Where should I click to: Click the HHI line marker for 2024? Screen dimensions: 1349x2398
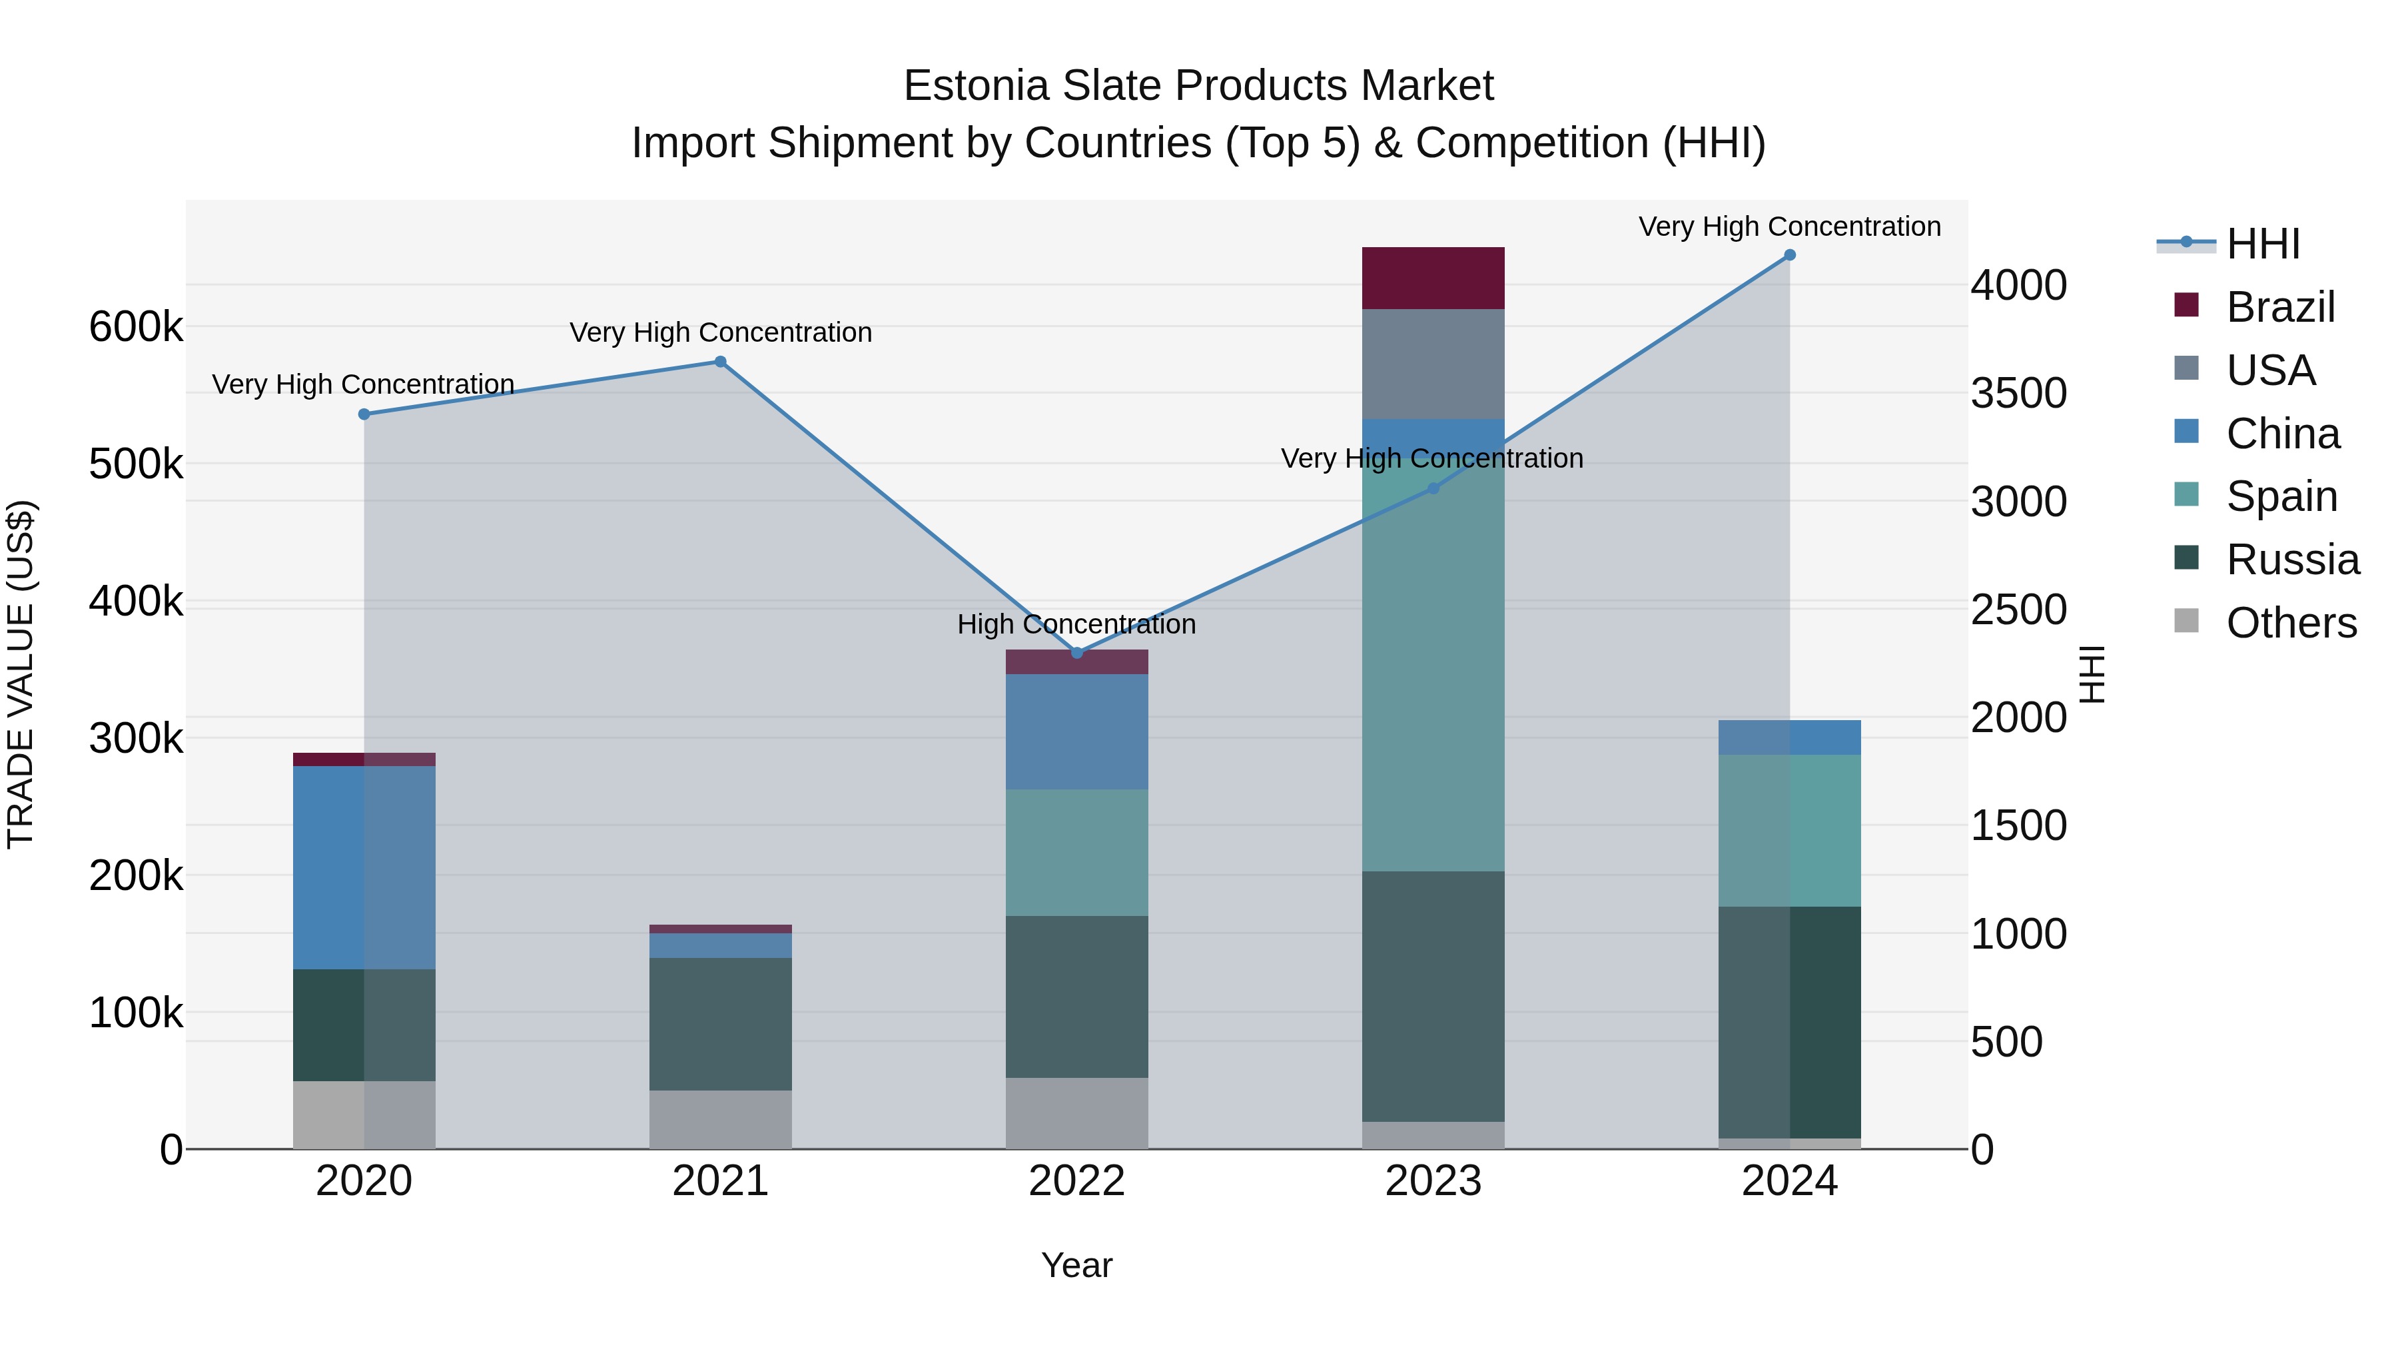tap(1789, 255)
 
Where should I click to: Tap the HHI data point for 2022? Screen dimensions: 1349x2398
tap(1077, 653)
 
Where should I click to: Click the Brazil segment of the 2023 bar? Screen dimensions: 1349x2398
tap(1433, 277)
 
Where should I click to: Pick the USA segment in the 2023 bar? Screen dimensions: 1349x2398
tap(1433, 364)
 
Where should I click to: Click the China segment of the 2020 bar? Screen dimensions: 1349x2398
tap(364, 867)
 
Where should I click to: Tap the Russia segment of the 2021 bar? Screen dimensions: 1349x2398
tap(721, 1023)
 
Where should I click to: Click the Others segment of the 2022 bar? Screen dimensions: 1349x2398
tap(1077, 1113)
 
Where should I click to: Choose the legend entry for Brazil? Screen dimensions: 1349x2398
tap(2280, 307)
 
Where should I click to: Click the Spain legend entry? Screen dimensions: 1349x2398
tap(2281, 496)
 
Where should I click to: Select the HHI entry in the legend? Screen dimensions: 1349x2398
tap(2262, 244)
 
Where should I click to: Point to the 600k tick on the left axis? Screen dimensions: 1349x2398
tap(136, 328)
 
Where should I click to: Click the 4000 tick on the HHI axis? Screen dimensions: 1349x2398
tap(2018, 285)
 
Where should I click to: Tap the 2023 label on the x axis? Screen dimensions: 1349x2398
tap(1433, 1181)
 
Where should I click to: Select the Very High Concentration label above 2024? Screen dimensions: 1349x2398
tap(1789, 226)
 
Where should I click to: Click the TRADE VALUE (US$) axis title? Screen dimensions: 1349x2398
tap(21, 674)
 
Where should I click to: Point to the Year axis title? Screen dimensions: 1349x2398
tap(1077, 1265)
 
